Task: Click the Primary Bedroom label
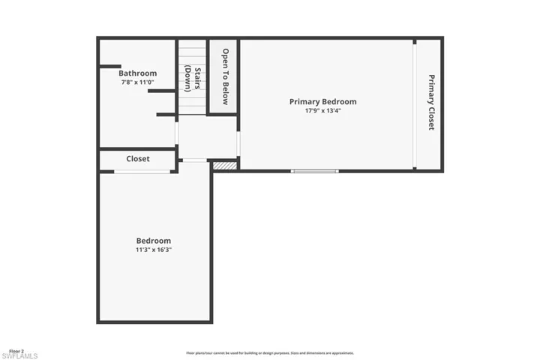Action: coord(322,101)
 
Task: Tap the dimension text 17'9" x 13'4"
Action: coord(322,111)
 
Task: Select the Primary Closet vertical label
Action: coord(431,102)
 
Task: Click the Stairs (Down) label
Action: coord(193,78)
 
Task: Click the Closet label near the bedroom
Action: coord(137,159)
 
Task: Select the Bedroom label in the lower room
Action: coord(153,241)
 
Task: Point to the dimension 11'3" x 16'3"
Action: coord(153,250)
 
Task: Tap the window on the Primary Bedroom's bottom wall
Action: coord(314,171)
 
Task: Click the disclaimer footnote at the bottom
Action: coord(269,352)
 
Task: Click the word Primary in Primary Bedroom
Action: coord(306,101)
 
